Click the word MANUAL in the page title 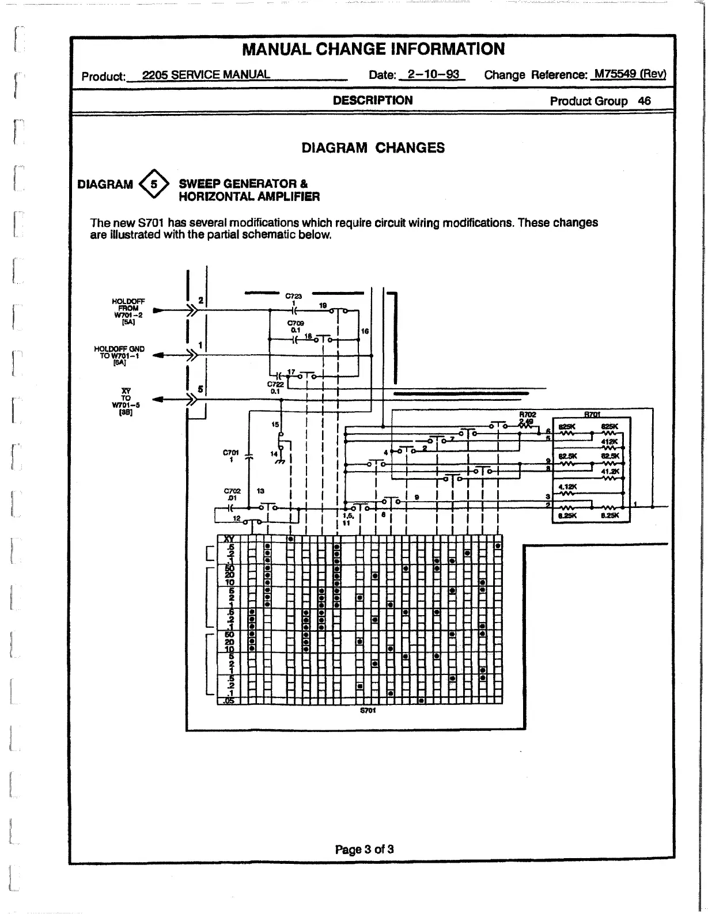(278, 49)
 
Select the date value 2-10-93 (433, 75)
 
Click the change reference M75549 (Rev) (630, 74)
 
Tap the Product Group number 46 (644, 101)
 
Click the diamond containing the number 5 (154, 184)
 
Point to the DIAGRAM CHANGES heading (373, 148)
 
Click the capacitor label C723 (294, 296)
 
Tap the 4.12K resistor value (567, 487)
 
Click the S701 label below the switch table (368, 710)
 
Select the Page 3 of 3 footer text (364, 849)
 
